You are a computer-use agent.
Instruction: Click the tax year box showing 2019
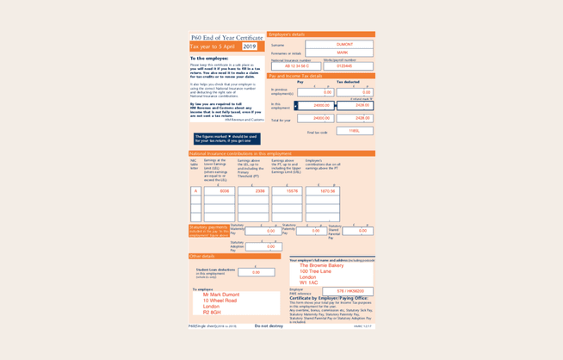click(x=249, y=47)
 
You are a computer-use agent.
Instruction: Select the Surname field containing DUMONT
click(x=343, y=45)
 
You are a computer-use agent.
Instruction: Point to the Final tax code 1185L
click(x=354, y=132)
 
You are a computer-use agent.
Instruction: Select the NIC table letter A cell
click(x=195, y=191)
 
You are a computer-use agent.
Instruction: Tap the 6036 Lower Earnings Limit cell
click(x=220, y=191)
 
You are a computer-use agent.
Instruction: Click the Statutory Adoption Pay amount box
click(x=263, y=247)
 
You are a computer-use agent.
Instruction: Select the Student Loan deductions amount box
click(x=256, y=272)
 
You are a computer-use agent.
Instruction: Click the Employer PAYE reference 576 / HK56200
click(x=349, y=291)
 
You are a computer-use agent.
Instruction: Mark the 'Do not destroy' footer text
click(x=269, y=326)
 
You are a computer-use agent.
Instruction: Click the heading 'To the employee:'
click(x=209, y=59)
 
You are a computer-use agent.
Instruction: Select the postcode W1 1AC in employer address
click(x=308, y=282)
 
